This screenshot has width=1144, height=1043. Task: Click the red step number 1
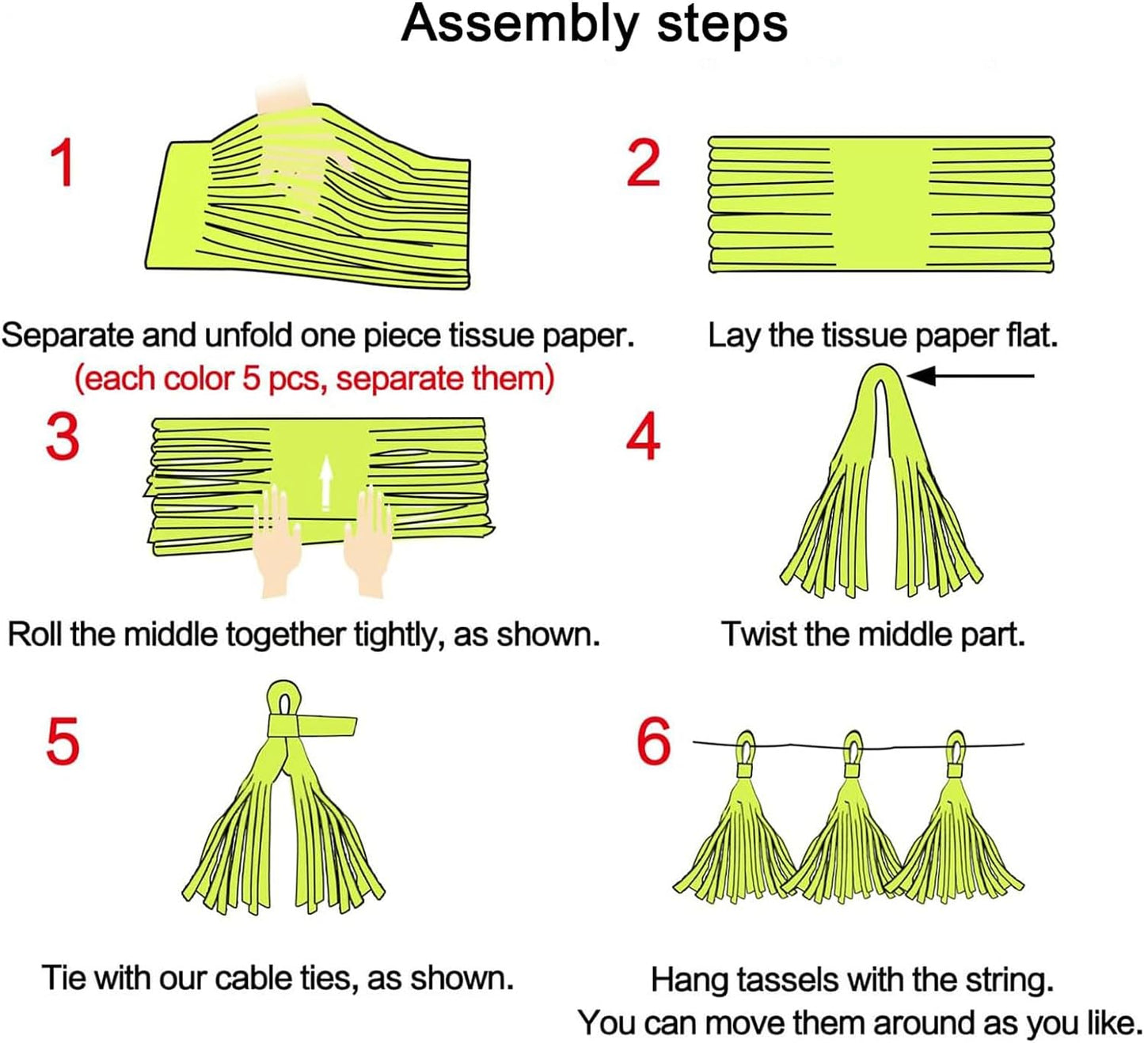click(x=62, y=162)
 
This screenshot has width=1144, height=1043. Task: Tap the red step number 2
click(x=643, y=164)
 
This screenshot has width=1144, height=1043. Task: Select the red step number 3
click(x=63, y=437)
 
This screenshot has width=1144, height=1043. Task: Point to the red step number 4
click(x=643, y=437)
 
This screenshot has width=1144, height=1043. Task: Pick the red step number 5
click(x=63, y=741)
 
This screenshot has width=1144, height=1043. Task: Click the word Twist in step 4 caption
click(x=757, y=635)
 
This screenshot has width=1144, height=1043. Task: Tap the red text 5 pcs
click(x=285, y=379)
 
